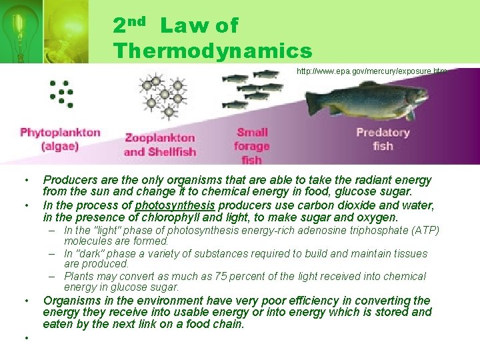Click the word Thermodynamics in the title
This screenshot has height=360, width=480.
[212, 51]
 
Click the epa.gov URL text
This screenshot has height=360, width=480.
[371, 71]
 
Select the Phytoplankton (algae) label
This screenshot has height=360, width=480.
[60, 139]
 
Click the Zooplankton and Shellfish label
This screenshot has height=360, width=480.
[160, 145]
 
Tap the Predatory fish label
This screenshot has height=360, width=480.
[383, 139]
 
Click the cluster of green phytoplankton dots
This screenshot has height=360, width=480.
[61, 93]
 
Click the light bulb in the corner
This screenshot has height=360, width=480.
[16, 30]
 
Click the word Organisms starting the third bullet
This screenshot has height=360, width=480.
[69, 301]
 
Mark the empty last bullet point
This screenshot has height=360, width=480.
[27, 337]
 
